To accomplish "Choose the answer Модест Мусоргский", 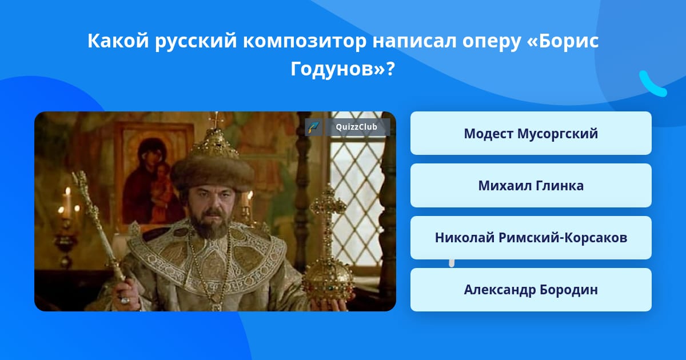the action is pos(531,133).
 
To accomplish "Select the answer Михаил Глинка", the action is pos(531,186).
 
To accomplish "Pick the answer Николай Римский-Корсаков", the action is pos(531,238).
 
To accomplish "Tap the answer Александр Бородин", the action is pos(531,290).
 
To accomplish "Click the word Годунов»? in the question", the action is pos(342,69).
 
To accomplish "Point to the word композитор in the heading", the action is pos(304,41).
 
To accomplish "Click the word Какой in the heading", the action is pos(118,41).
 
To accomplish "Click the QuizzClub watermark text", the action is pos(356,127).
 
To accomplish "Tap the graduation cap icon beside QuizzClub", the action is pos(314,127).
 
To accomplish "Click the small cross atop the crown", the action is pos(216,119).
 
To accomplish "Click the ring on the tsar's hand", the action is pos(125,299).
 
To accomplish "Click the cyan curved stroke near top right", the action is pos(652,84).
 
